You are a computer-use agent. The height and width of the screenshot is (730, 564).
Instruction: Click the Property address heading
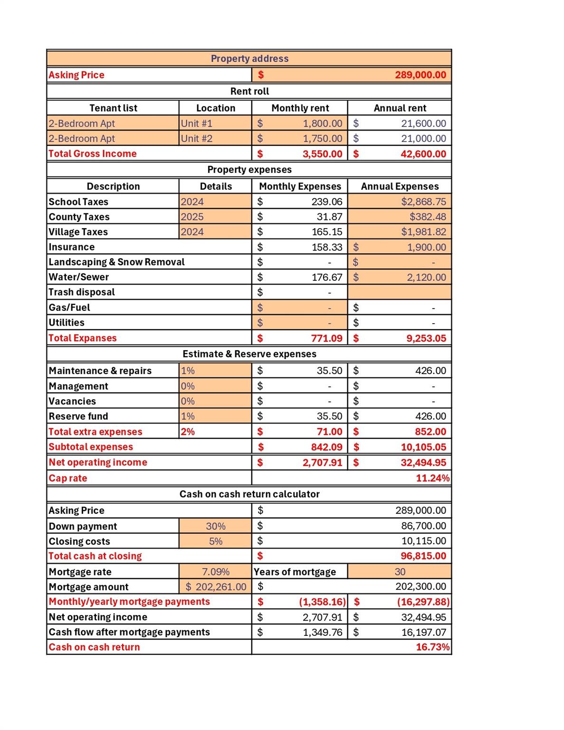coord(249,58)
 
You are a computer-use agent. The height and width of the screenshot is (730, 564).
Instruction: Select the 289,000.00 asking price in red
coord(420,75)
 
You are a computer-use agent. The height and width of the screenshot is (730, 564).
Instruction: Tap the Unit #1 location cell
coord(197,124)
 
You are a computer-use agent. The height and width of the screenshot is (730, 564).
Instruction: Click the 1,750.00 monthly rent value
coord(322,139)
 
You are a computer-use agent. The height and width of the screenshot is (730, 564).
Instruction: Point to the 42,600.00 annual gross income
coord(423,154)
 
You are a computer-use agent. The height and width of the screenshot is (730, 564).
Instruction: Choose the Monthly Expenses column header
coord(300,186)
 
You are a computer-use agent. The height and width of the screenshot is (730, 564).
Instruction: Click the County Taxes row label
coord(79,217)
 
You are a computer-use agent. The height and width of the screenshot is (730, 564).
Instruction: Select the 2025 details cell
coord(192,217)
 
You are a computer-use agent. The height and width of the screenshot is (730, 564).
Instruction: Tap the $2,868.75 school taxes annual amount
coord(423,202)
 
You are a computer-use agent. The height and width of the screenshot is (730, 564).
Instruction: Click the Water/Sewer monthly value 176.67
coord(326,277)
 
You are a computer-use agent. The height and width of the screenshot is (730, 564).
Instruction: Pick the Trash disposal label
coord(82,292)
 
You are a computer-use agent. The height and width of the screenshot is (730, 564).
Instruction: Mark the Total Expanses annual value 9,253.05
coord(426,338)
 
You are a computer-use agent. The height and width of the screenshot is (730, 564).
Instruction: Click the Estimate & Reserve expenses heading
coord(249,354)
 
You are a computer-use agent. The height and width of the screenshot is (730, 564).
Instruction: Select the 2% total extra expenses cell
coord(188,432)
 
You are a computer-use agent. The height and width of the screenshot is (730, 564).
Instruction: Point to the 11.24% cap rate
coord(432,478)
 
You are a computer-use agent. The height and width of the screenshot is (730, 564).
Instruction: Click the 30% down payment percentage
coord(216,526)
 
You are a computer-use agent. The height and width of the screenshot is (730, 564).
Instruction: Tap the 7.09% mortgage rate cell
coord(216,572)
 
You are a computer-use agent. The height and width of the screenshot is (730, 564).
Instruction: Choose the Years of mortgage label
coord(295,572)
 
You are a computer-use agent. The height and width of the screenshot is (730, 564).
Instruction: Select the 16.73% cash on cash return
coord(432,647)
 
